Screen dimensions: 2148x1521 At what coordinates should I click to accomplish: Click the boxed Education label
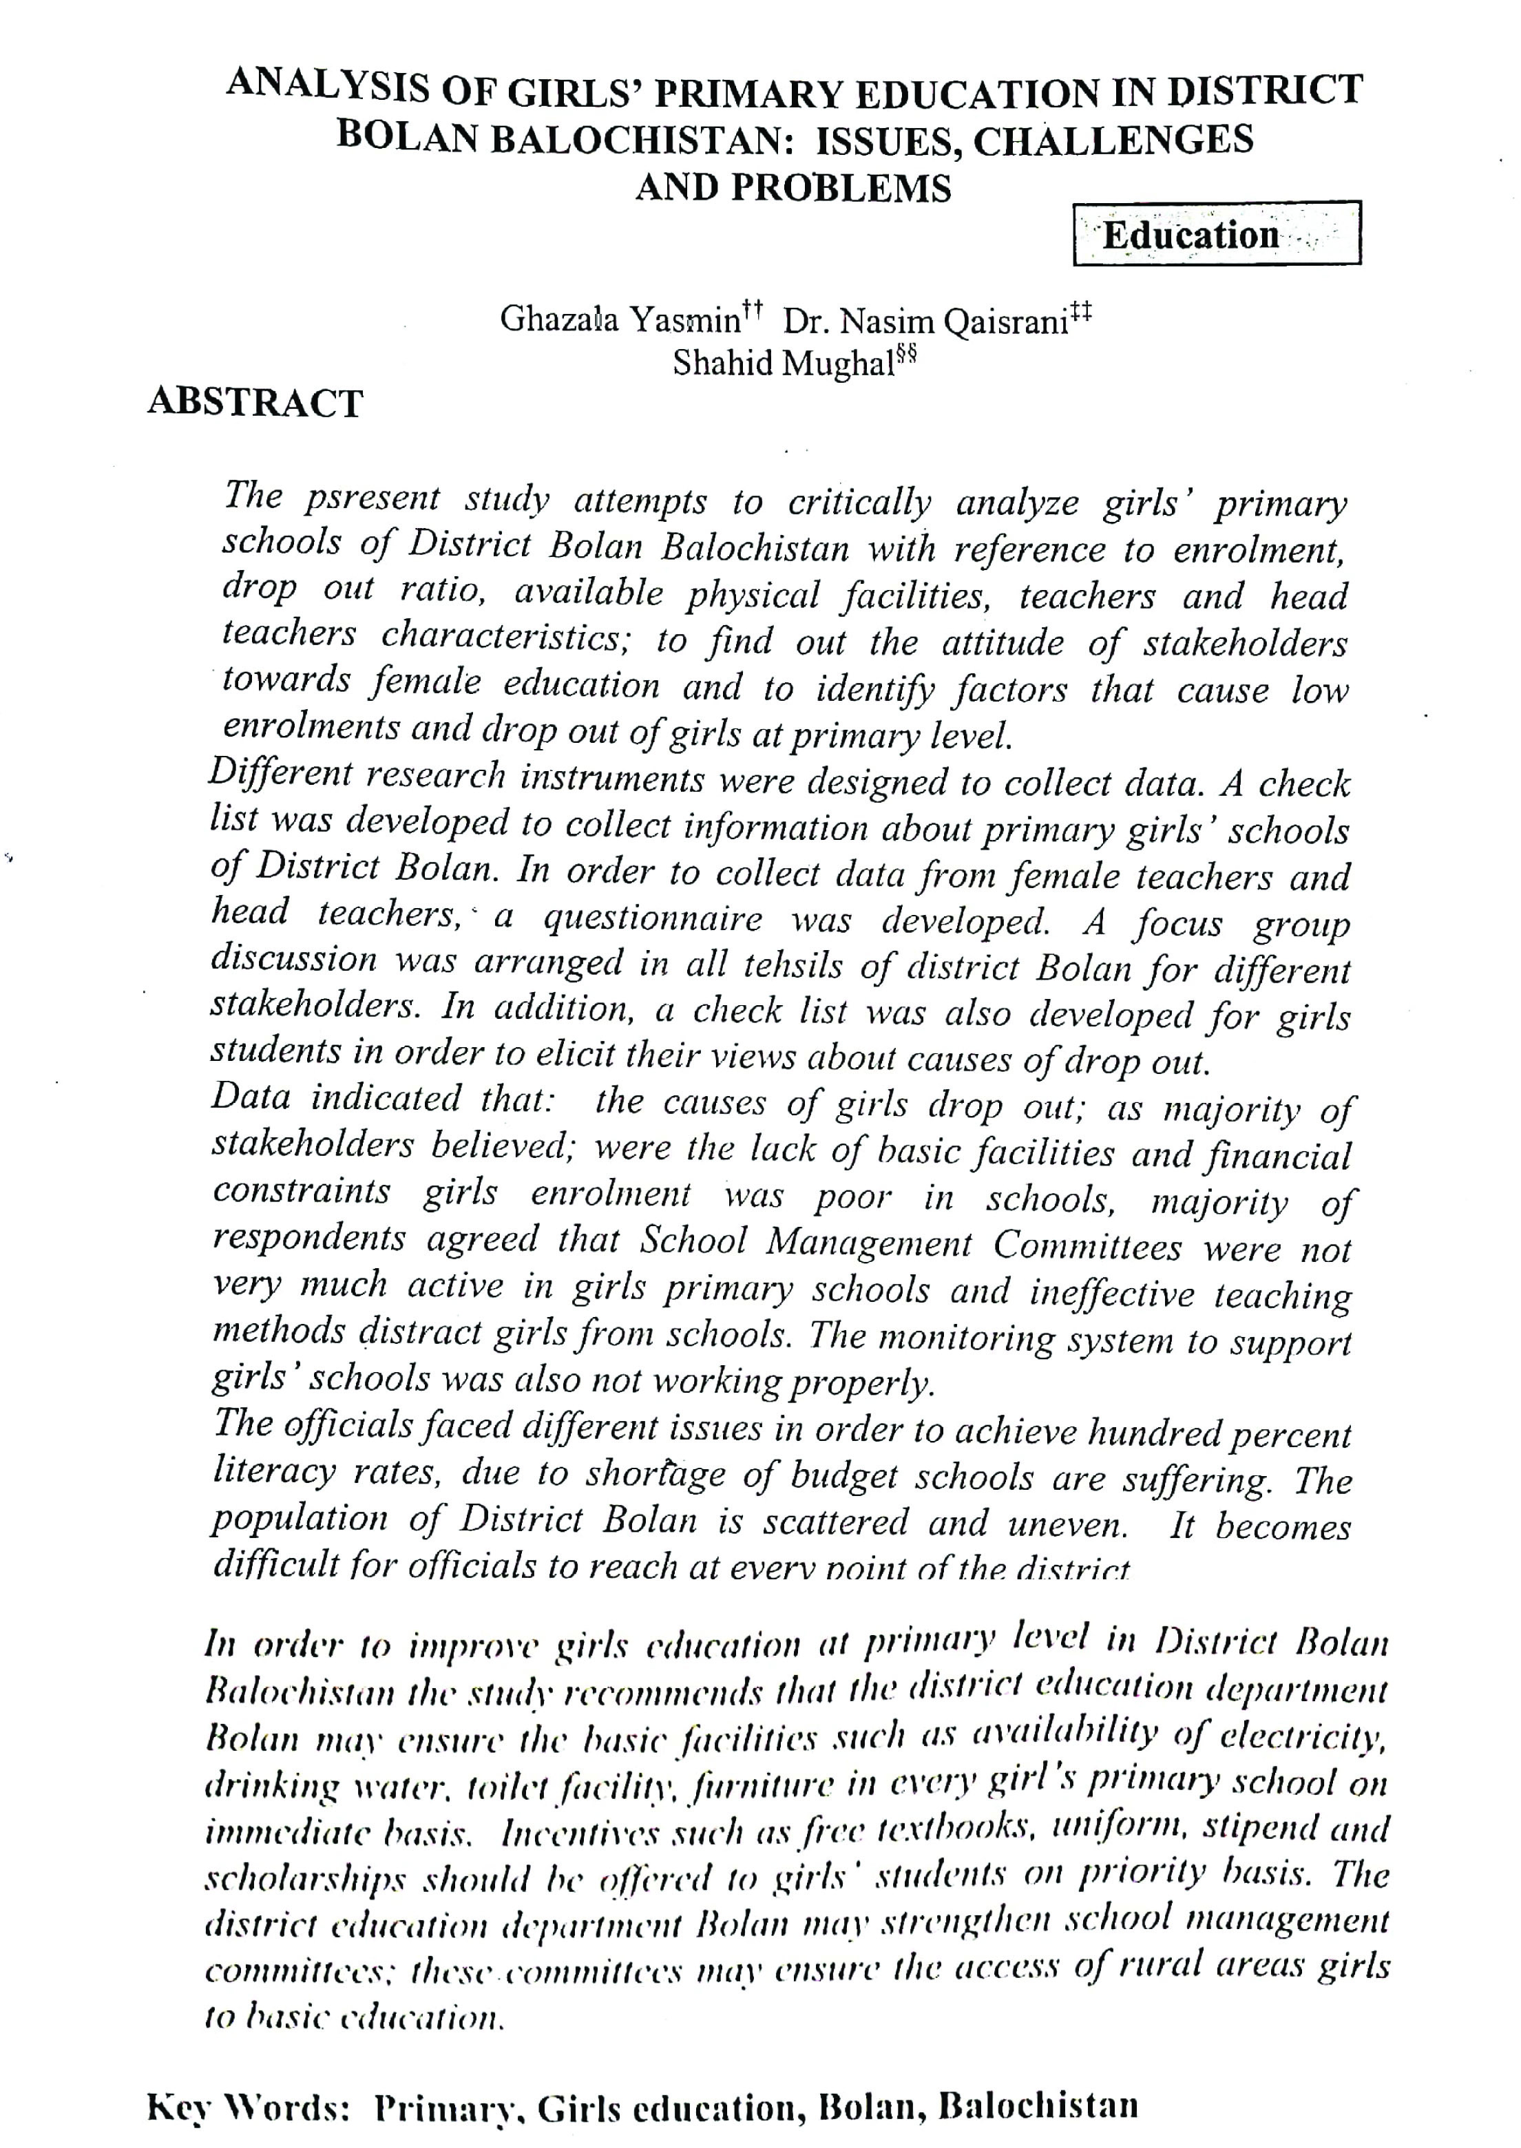(x=1216, y=234)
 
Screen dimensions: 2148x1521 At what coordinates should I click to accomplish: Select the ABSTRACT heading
(x=255, y=403)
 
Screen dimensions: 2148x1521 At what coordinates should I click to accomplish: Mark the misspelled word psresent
(x=372, y=498)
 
